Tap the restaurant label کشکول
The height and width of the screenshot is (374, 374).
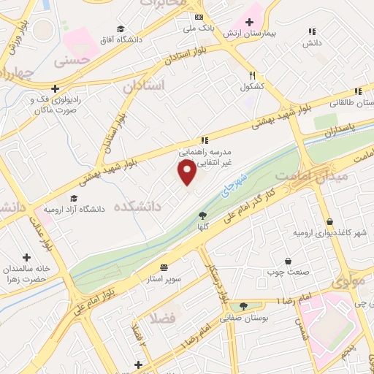(x=252, y=86)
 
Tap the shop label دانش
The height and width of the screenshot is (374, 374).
(x=312, y=44)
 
